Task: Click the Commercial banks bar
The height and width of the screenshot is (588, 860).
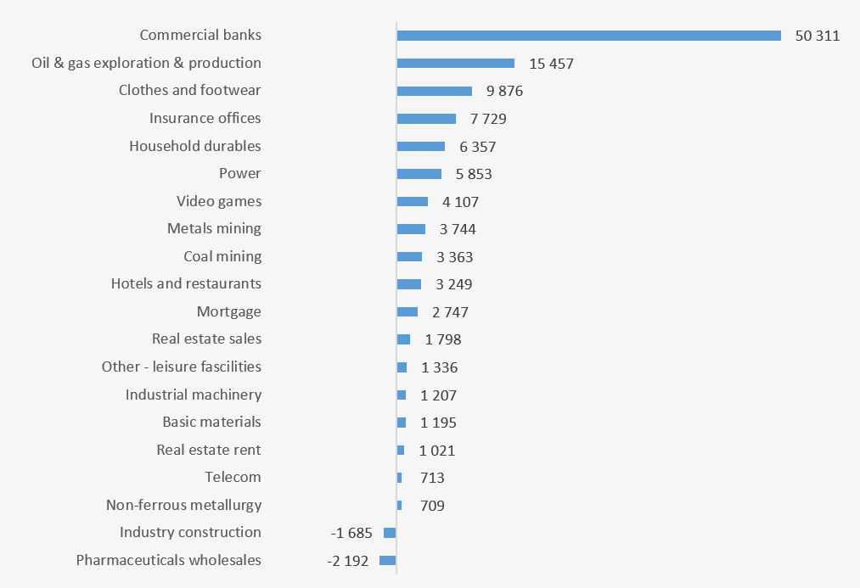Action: pos(588,36)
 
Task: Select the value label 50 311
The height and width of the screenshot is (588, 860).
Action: pos(817,36)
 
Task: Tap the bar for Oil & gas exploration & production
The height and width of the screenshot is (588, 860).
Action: pos(455,64)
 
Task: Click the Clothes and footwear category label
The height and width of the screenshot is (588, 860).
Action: pos(189,90)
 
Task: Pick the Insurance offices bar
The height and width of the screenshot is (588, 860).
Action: pos(426,119)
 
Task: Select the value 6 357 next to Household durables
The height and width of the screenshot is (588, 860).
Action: pos(477,147)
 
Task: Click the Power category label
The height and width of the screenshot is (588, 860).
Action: pos(239,173)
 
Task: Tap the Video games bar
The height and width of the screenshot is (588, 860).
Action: pos(413,202)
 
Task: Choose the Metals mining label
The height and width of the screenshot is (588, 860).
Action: pos(214,228)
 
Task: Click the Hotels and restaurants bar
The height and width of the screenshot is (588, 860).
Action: pos(409,284)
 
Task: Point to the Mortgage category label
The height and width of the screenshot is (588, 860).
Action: pos(228,311)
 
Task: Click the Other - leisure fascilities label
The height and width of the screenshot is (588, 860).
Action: pos(181,367)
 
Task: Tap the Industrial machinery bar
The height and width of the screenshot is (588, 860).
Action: pos(402,395)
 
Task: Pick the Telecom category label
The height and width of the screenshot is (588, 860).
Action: pos(233,477)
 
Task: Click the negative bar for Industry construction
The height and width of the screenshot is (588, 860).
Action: pos(390,533)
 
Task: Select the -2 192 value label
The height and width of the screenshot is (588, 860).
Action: pos(348,561)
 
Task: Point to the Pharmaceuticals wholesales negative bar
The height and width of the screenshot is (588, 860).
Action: pos(388,561)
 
